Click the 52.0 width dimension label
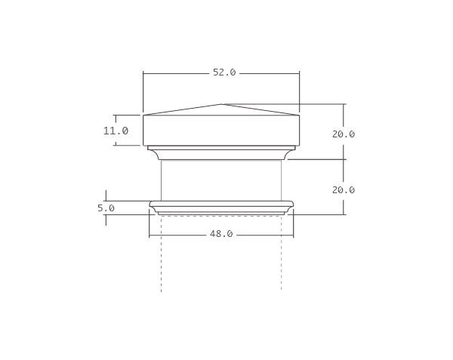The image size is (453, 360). tap(224, 72)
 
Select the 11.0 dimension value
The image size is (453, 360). tap(116, 131)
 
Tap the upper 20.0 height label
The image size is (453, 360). tap(344, 134)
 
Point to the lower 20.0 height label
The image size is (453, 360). tap(344, 189)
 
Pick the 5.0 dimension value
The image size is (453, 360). tap(106, 208)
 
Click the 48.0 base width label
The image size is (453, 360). tap(220, 234)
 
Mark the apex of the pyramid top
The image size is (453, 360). tap(222, 104)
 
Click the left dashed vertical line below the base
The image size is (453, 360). tap(161, 257)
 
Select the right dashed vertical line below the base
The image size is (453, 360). tap(282, 257)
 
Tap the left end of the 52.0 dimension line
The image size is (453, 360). tap(143, 72)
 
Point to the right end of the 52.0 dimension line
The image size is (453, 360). tap(300, 72)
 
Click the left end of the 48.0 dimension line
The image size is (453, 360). tap(149, 234)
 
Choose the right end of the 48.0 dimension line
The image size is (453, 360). tap(293, 234)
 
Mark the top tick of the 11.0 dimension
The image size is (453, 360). tap(116, 115)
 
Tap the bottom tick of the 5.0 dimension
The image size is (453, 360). tap(106, 215)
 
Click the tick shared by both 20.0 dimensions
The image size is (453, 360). tap(344, 159)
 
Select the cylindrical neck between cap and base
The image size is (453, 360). tap(221, 180)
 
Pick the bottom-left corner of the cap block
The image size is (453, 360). tap(143, 145)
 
